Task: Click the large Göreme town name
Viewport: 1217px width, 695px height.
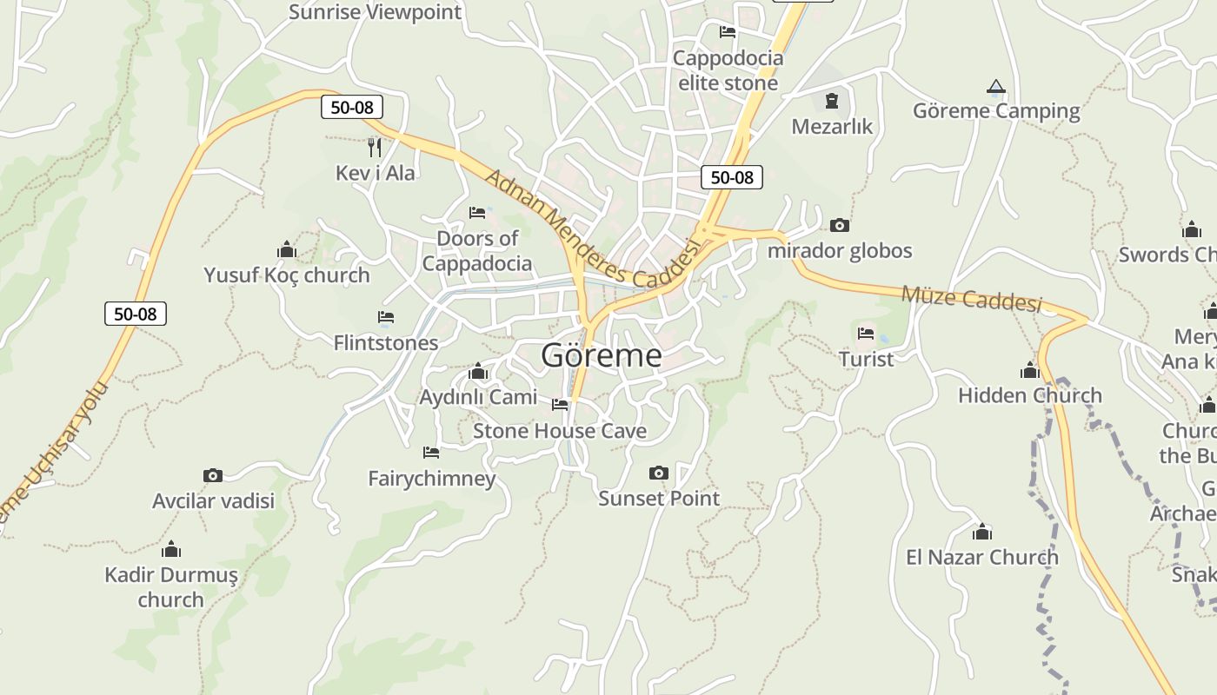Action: coord(601,355)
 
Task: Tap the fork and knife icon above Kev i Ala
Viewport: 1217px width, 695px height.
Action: coord(375,147)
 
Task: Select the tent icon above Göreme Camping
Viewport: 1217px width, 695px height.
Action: coord(996,86)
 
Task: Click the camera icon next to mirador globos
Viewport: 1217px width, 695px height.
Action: coord(839,226)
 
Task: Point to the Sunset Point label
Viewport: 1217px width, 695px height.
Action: coord(659,499)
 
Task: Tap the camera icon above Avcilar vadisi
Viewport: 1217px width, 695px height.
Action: coord(213,475)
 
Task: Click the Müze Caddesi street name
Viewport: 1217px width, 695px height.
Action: coord(971,298)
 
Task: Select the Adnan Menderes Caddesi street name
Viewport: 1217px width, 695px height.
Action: coord(592,230)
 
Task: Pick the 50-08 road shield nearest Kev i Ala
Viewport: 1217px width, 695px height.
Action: coord(352,107)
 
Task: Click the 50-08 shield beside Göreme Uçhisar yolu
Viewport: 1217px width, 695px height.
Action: coord(136,314)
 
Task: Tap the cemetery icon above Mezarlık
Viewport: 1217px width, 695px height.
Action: coord(832,101)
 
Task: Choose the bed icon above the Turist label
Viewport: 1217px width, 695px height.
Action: coord(866,333)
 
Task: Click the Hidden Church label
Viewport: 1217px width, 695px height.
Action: coord(1029,395)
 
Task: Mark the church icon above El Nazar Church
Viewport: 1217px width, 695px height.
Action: coord(982,532)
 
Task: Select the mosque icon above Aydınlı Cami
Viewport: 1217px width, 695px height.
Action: coord(477,372)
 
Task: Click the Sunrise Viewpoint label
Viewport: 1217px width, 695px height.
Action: coord(375,12)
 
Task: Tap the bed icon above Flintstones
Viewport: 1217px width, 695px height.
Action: coord(386,317)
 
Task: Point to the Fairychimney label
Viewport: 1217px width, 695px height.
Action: coord(431,479)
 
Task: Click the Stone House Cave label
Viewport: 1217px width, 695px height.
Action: coord(560,431)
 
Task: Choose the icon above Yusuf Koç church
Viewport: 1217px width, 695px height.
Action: coord(287,250)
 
